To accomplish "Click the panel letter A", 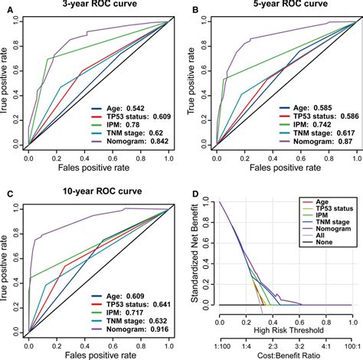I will (6, 8).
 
